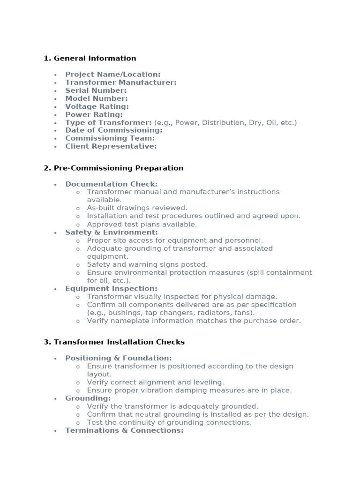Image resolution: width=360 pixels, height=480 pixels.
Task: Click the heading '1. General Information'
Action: click(x=90, y=59)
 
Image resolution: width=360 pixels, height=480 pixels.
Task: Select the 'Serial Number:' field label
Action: click(x=96, y=90)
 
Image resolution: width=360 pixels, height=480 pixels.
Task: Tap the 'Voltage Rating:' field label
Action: click(x=97, y=106)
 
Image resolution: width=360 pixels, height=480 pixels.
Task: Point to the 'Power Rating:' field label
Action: click(x=94, y=114)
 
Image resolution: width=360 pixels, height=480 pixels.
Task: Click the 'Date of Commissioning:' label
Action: click(x=113, y=130)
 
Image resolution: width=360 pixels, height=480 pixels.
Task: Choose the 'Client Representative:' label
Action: click(x=111, y=146)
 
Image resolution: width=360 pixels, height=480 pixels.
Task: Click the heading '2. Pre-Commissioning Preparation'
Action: click(x=113, y=168)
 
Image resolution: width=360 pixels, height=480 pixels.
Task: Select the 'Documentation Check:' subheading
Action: click(x=111, y=184)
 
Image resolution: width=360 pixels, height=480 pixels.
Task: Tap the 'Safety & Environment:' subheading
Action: click(x=112, y=232)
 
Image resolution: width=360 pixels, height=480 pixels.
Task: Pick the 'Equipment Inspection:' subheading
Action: click(x=111, y=289)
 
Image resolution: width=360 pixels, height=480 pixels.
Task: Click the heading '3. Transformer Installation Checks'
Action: click(x=114, y=342)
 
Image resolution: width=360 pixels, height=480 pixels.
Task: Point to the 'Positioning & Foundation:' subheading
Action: click(x=118, y=358)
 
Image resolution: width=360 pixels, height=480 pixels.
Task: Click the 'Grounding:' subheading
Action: click(x=88, y=398)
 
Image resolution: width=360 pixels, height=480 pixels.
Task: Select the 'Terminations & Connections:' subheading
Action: click(x=124, y=430)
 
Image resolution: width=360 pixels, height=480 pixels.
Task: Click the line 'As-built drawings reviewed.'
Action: click(x=137, y=208)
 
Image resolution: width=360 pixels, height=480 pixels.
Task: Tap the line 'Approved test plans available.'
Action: click(x=142, y=225)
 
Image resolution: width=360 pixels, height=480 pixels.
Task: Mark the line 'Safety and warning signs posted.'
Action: click(x=147, y=265)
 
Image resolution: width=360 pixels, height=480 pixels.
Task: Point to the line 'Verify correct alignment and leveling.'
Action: click(x=155, y=382)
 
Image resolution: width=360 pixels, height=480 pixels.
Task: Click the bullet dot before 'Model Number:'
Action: click(x=55, y=99)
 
